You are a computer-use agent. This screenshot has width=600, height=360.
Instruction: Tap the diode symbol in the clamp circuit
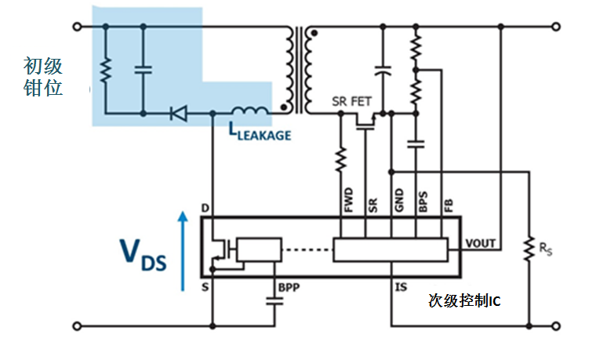pyautogui.click(x=179, y=115)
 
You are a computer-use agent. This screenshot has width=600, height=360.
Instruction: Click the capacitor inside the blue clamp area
pyautogui.click(x=144, y=69)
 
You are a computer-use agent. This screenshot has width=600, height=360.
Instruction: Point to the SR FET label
pyautogui.click(x=352, y=101)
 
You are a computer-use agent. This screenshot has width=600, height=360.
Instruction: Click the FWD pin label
pyautogui.click(x=349, y=199)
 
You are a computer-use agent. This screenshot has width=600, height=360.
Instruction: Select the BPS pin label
pyautogui.click(x=423, y=200)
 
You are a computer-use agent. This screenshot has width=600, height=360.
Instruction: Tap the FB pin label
pyautogui.click(x=448, y=203)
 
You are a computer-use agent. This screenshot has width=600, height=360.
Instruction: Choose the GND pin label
pyautogui.click(x=398, y=199)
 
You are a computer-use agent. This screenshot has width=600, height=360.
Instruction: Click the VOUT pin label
pyautogui.click(x=481, y=243)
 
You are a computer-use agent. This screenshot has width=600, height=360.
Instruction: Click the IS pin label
pyautogui.click(x=401, y=288)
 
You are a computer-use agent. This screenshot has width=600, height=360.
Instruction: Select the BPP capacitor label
pyautogui.click(x=289, y=287)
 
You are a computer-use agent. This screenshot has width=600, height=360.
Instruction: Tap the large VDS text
pyautogui.click(x=142, y=255)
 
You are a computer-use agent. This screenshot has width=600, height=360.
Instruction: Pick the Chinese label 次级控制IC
pyautogui.click(x=464, y=300)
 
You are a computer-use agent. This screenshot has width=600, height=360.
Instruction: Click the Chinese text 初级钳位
pyautogui.click(x=43, y=76)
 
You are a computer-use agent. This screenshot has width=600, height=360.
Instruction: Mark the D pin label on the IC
pyautogui.click(x=205, y=209)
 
